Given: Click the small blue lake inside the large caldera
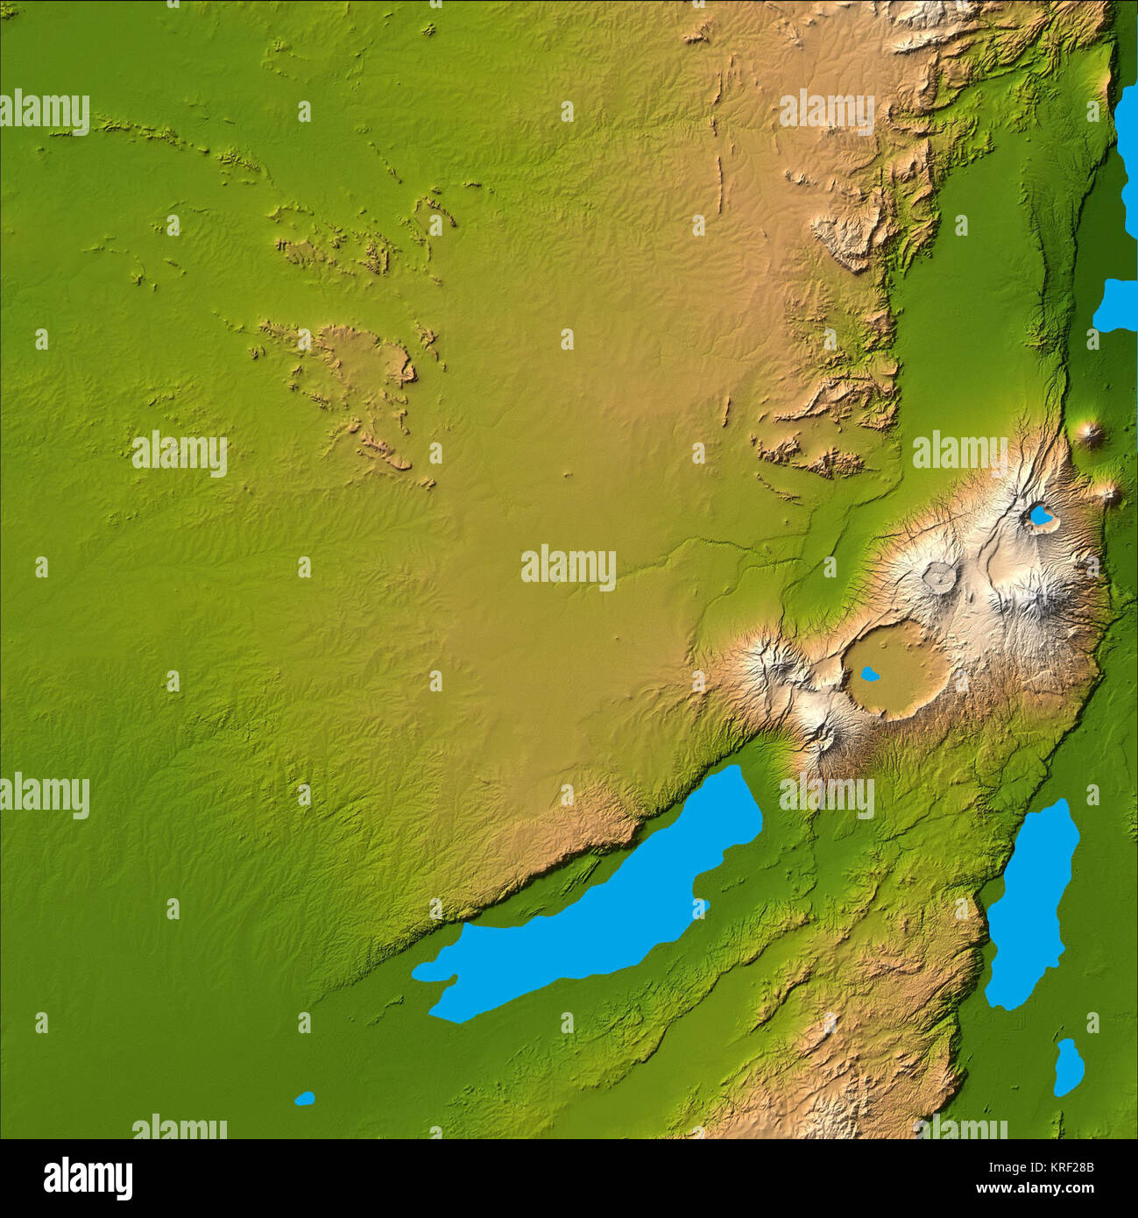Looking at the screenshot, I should [869, 674].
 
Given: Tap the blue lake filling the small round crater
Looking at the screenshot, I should [1040, 516].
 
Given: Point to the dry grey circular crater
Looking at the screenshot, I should [939, 577].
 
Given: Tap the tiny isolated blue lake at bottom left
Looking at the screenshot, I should [304, 1098].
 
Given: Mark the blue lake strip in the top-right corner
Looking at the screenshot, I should [1127, 149].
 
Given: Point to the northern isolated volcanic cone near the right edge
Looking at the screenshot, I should [1092, 431].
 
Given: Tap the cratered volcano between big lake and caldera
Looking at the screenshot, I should [823, 736].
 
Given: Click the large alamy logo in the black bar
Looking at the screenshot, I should [88, 1179].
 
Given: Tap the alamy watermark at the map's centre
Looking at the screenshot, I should [569, 567].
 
